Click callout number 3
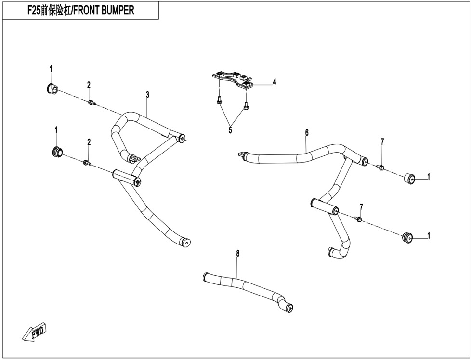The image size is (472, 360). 147,95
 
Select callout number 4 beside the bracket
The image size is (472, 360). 274,82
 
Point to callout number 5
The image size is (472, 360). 230,130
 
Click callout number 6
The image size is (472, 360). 306,132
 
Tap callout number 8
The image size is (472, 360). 237,253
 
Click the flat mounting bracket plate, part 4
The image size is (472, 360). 234,79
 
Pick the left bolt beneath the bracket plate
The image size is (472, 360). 219,101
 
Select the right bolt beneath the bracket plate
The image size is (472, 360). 246,104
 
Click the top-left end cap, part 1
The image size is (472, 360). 52,89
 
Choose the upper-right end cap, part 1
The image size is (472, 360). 409,179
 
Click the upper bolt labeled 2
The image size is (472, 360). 91,102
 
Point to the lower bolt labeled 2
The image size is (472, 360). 87,163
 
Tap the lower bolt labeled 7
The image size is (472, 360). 359,219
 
